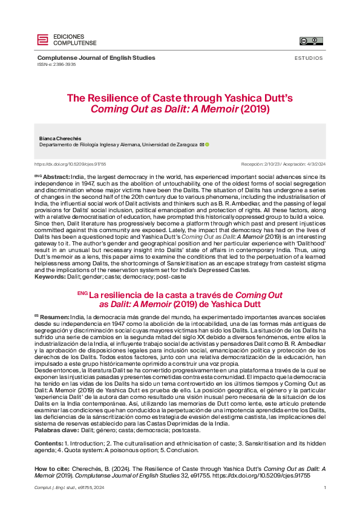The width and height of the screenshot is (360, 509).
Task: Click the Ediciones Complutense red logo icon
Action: coord(42,40)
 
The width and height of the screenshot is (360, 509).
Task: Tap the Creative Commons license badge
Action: coord(311,41)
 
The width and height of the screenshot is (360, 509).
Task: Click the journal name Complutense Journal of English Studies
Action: coord(96,58)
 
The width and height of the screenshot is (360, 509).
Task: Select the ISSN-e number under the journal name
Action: coord(56,64)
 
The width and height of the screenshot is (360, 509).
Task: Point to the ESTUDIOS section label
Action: coord(309,59)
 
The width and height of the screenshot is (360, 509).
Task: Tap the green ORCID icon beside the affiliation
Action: coord(207,145)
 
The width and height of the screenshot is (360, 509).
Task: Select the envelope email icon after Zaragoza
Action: coord(201,145)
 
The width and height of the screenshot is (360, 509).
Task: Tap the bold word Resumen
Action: coord(55,316)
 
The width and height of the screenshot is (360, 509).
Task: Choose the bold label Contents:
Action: coord(48,443)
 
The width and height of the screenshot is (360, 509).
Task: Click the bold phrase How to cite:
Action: coord(52,468)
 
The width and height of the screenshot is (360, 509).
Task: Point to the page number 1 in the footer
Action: coord(325,488)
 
